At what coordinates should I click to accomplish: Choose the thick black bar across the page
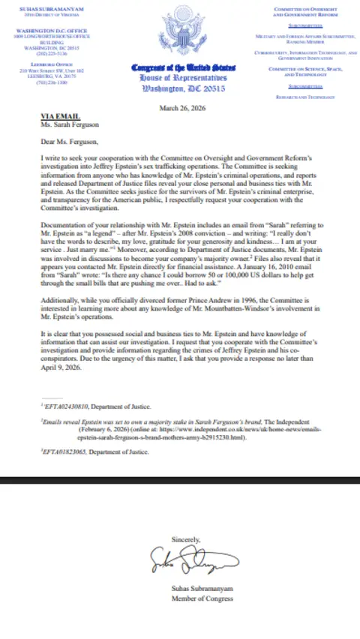pos(180,478)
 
